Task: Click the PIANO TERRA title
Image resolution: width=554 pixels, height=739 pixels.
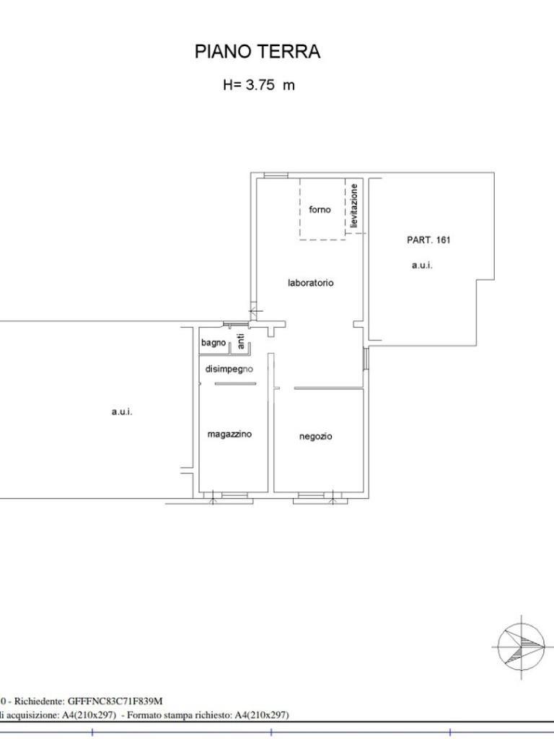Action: pyautogui.click(x=258, y=51)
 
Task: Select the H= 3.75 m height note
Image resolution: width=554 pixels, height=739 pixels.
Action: pyautogui.click(x=259, y=85)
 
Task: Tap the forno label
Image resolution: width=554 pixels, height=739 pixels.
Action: pyautogui.click(x=320, y=209)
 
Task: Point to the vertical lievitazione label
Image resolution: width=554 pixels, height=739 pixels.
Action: pyautogui.click(x=354, y=206)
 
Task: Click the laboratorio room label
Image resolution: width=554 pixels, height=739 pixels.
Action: pyautogui.click(x=310, y=283)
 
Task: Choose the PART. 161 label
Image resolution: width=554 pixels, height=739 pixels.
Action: pyautogui.click(x=428, y=240)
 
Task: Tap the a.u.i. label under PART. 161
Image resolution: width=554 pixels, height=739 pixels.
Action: pyautogui.click(x=422, y=266)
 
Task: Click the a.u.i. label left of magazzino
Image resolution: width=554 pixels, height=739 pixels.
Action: pyautogui.click(x=122, y=412)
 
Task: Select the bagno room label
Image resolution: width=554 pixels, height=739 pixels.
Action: pyautogui.click(x=214, y=343)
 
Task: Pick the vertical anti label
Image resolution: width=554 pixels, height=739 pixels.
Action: pyautogui.click(x=241, y=341)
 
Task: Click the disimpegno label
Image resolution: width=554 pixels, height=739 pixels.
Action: pyautogui.click(x=229, y=369)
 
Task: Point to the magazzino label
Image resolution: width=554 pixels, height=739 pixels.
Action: pyautogui.click(x=229, y=434)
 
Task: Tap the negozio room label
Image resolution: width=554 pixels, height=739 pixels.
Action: pyautogui.click(x=316, y=437)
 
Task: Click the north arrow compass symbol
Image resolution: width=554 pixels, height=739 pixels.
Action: pyautogui.click(x=522, y=647)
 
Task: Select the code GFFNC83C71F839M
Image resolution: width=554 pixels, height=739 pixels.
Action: pyautogui.click(x=115, y=701)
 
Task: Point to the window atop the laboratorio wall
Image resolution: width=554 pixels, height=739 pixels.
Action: pyautogui.click(x=276, y=176)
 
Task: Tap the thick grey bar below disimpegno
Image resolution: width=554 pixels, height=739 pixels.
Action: pyautogui.click(x=236, y=384)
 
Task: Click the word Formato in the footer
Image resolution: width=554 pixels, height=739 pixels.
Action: pyautogui.click(x=143, y=715)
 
